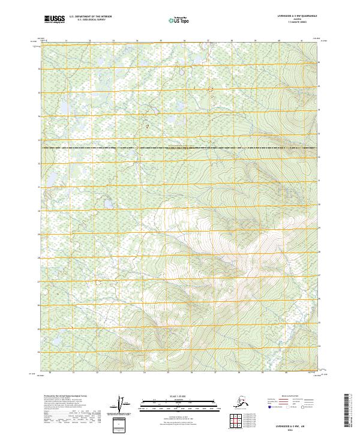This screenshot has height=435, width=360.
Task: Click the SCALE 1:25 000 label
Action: (179, 397)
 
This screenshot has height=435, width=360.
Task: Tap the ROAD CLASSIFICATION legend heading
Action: (288, 397)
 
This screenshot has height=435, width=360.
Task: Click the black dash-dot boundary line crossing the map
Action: (180, 147)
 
